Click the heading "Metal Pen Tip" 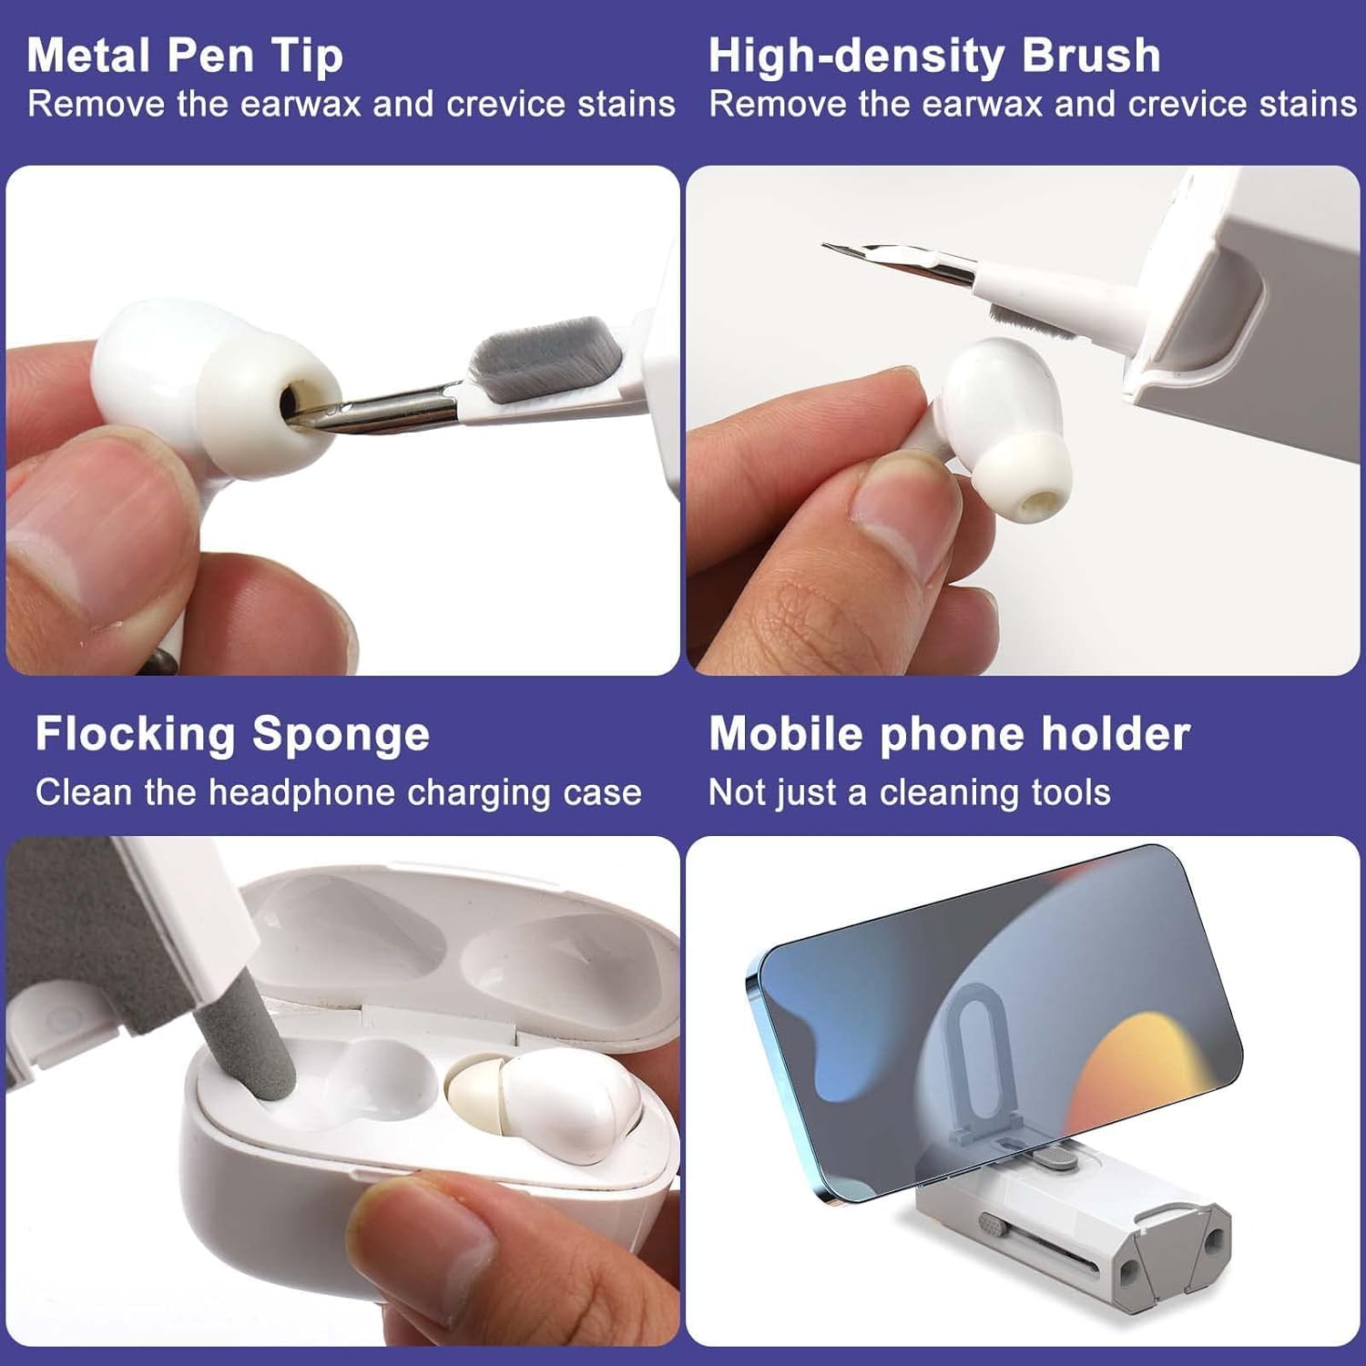185,56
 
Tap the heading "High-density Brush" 934,56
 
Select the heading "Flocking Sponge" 232,735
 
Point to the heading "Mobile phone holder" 949,734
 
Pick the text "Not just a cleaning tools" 910,792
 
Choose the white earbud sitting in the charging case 546,1106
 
